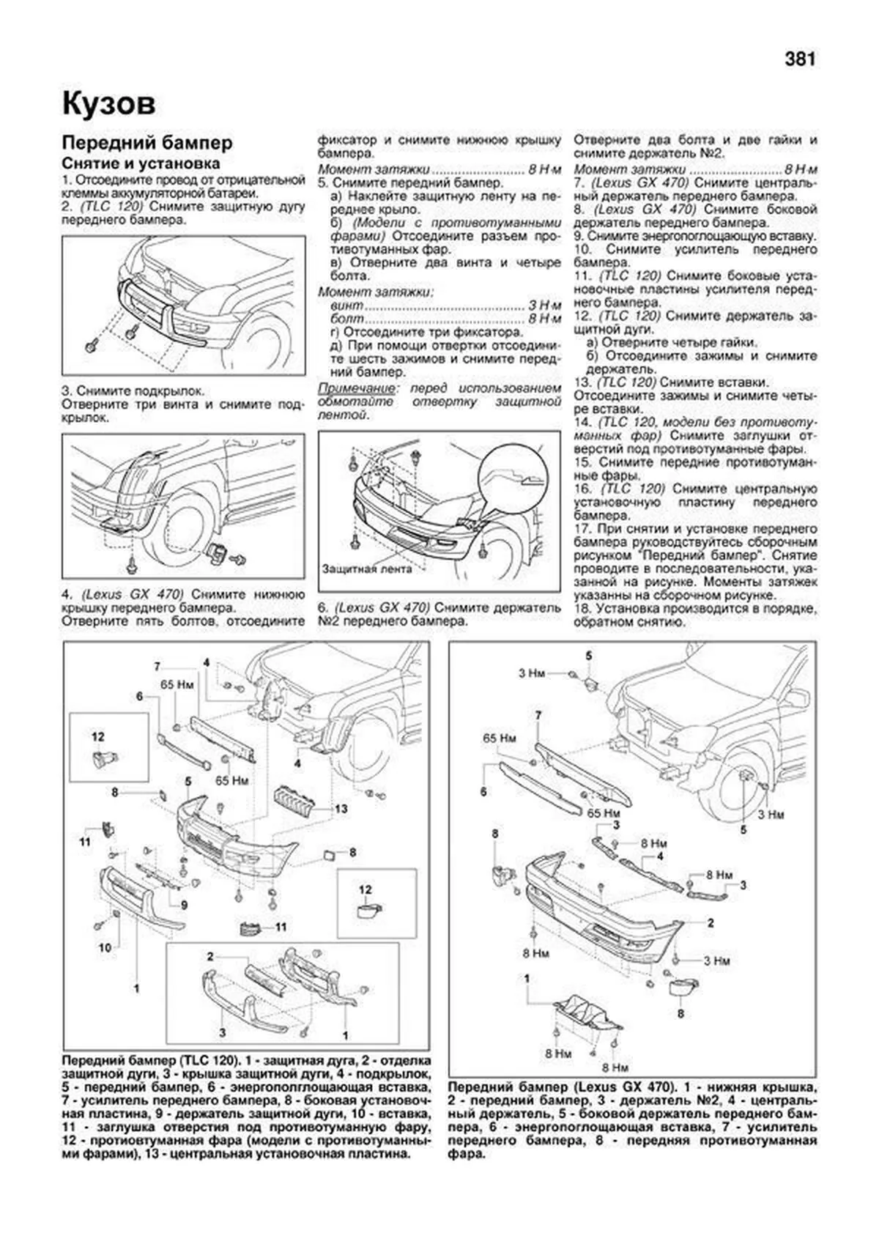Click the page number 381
pos(800,59)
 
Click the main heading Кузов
pos(108,103)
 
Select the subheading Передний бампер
pos(146,142)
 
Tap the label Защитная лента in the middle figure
pos(357,568)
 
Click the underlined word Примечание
pos(351,388)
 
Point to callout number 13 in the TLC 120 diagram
pos(340,809)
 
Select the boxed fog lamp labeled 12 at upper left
pos(98,759)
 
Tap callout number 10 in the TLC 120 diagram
pos(105,947)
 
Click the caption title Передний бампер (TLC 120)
pos(150,1061)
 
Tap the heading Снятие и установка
pos(141,163)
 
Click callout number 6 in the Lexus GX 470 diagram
pos(483,792)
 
